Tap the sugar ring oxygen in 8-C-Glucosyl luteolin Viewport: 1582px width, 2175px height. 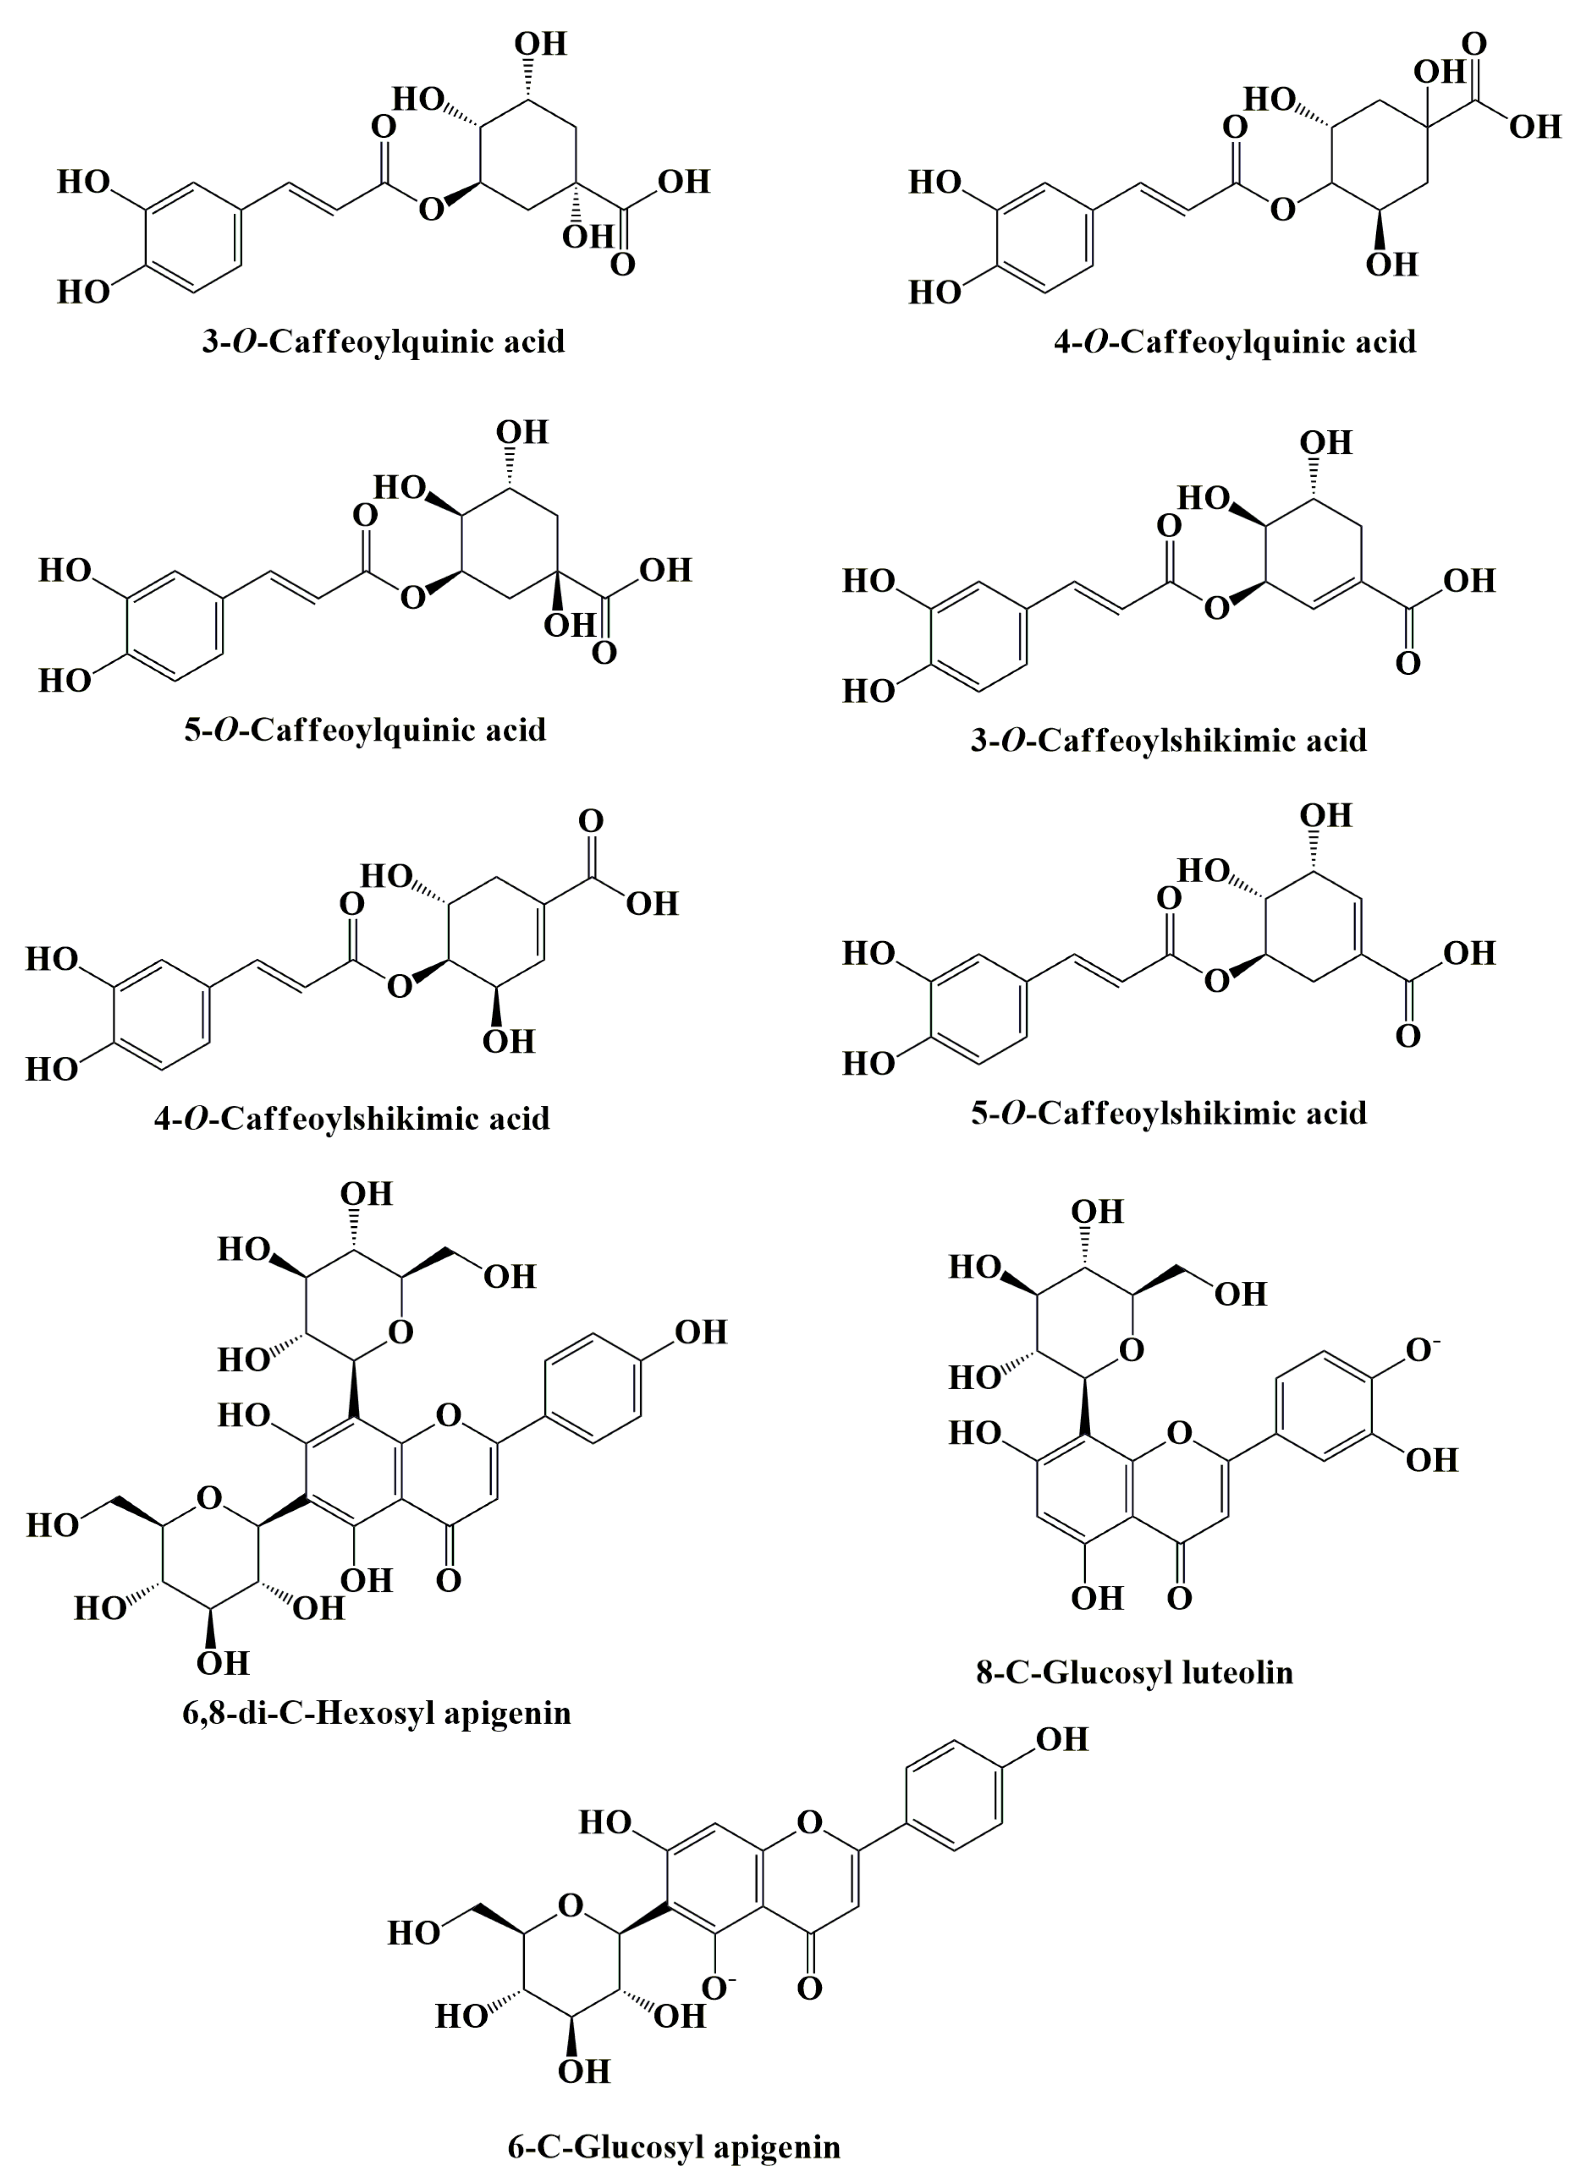pyautogui.click(x=1131, y=1350)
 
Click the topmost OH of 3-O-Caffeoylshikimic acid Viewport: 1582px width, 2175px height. pyautogui.click(x=1326, y=442)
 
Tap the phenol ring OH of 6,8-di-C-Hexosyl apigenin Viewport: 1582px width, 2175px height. pyautogui.click(x=701, y=1332)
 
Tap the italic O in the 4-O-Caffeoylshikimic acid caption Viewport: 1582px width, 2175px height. pyautogui.click(x=196, y=1118)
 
